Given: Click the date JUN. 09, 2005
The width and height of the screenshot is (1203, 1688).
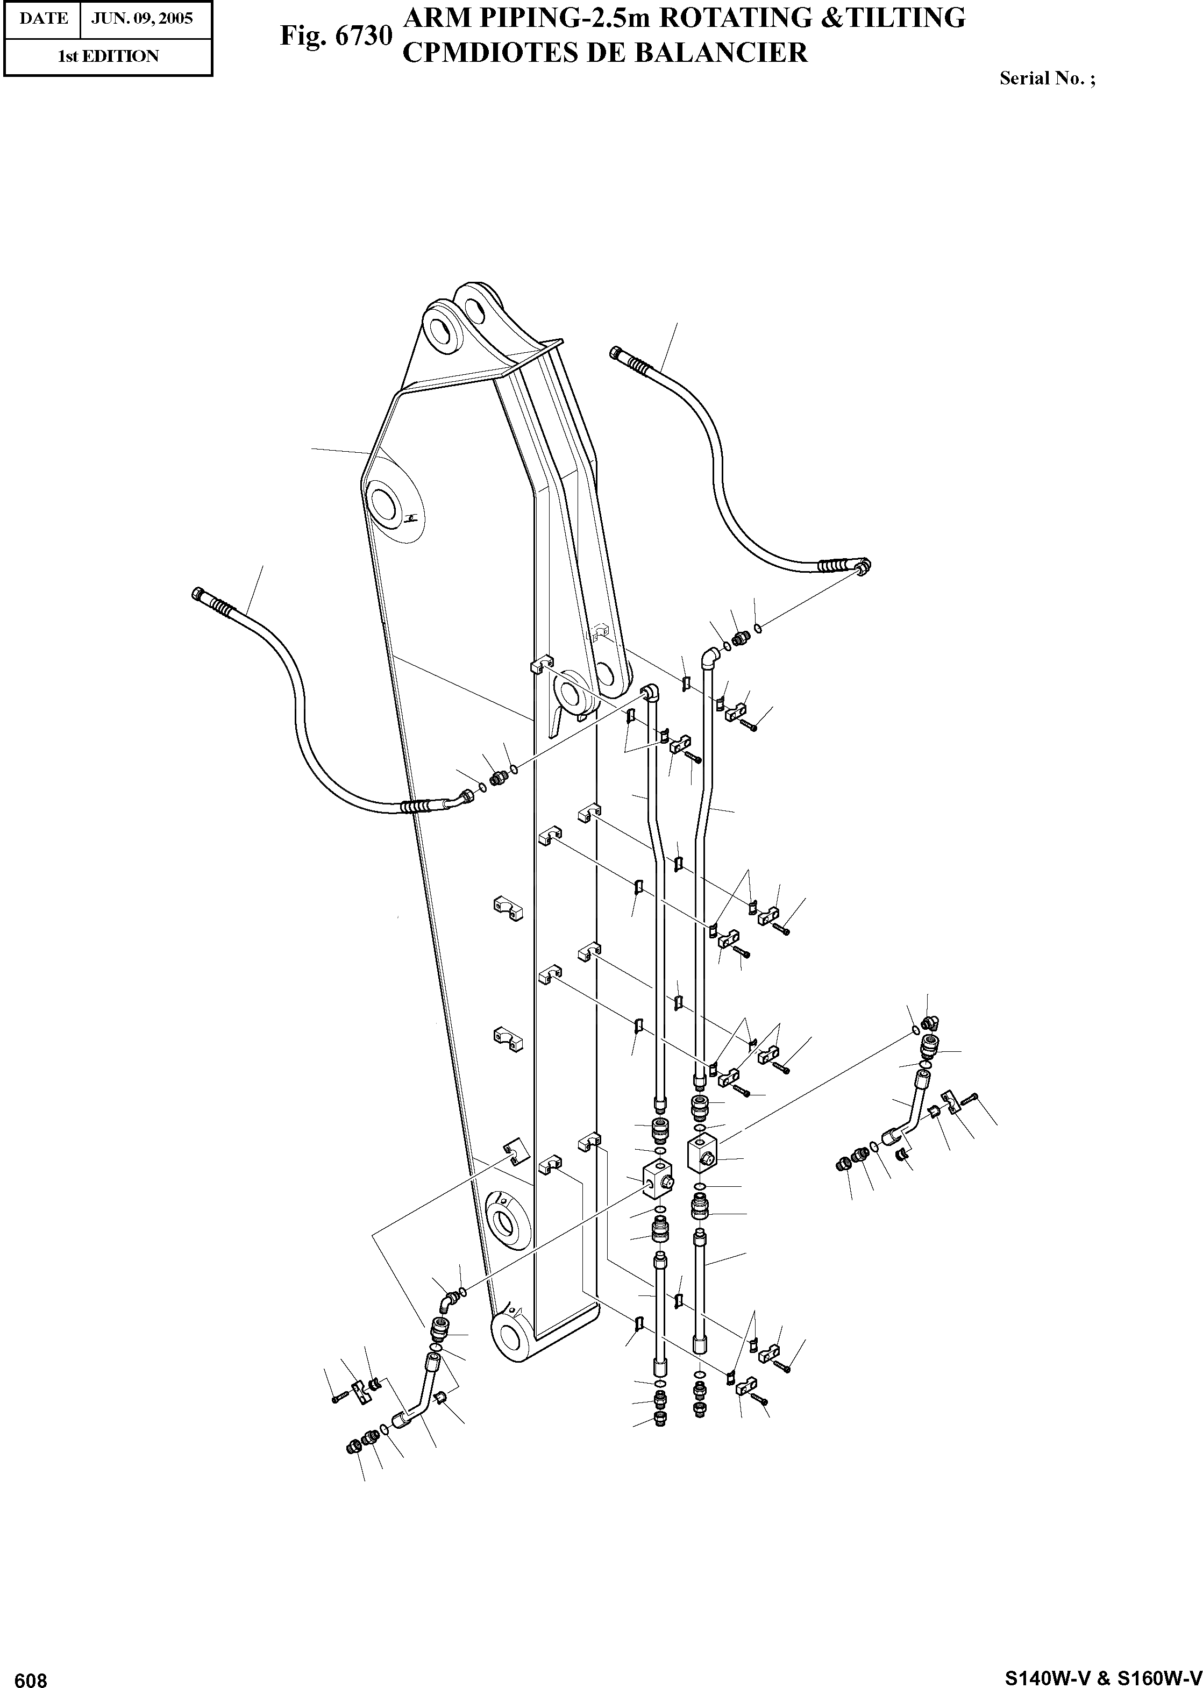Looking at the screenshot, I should pyautogui.click(x=141, y=18).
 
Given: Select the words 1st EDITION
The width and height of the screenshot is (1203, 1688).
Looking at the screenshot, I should pyautogui.click(x=108, y=56).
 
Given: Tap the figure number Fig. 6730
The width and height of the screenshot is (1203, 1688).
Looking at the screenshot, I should pyautogui.click(x=336, y=35).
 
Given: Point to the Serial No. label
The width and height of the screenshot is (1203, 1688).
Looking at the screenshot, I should pyautogui.click(x=1047, y=79).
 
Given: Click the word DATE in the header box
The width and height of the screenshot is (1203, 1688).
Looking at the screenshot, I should pyautogui.click(x=44, y=18).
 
